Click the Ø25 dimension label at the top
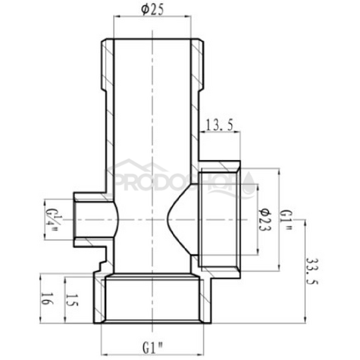point(152,10)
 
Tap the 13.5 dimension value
point(219,125)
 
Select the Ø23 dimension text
point(265,220)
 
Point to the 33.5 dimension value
point(311,271)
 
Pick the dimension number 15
point(72,300)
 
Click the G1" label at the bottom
point(153,349)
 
